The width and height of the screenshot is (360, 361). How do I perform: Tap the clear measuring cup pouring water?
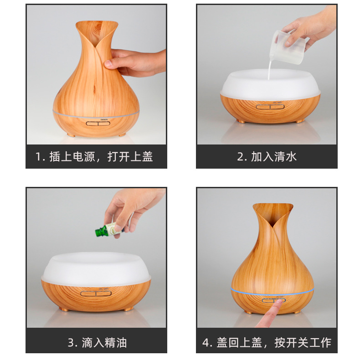(290, 41)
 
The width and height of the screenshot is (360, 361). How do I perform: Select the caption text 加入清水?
(273, 157)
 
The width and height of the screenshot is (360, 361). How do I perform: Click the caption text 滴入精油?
(104, 342)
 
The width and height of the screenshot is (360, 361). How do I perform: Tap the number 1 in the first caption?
(39, 157)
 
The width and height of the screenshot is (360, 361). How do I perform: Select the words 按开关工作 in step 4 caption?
(303, 342)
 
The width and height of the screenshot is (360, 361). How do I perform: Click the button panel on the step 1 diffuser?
(96, 122)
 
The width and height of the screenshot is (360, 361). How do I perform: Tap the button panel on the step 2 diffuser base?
(270, 107)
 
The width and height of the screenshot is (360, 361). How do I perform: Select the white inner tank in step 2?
(270, 84)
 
